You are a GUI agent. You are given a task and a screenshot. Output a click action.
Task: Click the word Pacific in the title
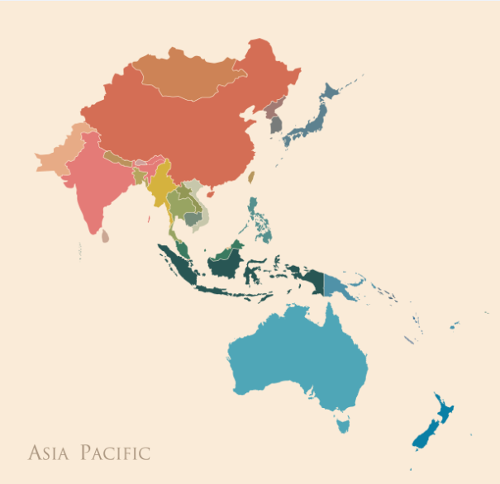pos(116,453)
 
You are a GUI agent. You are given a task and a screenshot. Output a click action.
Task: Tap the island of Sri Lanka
pos(105,235)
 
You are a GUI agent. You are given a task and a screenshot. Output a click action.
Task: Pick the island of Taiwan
pos(251,177)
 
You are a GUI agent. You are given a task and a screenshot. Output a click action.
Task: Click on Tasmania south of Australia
pos(343,425)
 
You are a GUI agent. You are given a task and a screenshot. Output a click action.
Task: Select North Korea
pos(273,110)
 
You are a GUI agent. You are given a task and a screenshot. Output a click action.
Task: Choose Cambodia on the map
pos(193,218)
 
